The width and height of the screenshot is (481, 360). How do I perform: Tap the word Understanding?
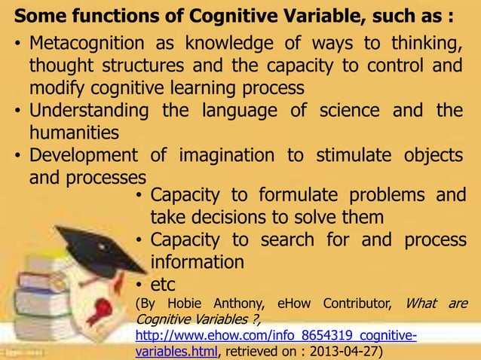tap(89, 111)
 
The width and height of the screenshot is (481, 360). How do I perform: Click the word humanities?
tap(74, 133)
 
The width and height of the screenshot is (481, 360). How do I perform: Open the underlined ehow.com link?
tap(276, 335)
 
